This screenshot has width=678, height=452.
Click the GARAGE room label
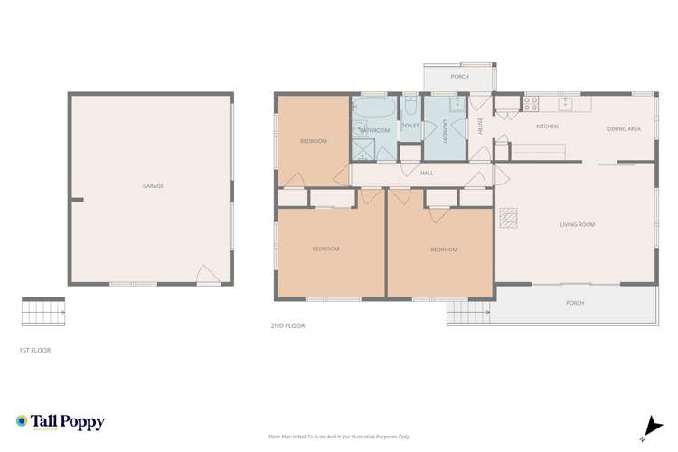pos(153,186)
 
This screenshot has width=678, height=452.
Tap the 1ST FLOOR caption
pos(35,349)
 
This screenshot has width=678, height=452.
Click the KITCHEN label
pos(547,127)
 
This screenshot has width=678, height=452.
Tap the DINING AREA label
pos(624,129)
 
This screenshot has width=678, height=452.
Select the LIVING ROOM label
pos(578,223)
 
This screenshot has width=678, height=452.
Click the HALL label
pos(427,173)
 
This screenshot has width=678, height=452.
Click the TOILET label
pos(410,126)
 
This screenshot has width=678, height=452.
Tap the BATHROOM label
pos(374,131)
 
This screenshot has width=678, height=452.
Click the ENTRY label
pos(480,127)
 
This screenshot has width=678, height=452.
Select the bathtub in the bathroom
pos(373,108)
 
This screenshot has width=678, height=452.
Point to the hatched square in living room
pos(511,217)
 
